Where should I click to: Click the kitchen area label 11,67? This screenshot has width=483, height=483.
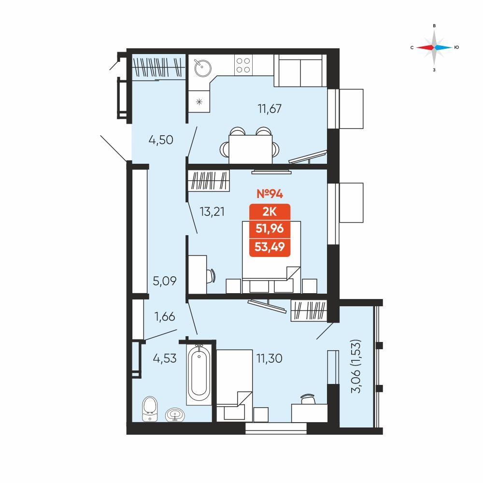[270, 109]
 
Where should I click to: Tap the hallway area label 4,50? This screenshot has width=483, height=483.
[161, 140]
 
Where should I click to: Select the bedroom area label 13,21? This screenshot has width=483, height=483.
[212, 212]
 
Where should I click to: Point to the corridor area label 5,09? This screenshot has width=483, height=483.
[165, 281]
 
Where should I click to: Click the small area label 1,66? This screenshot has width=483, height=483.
[165, 317]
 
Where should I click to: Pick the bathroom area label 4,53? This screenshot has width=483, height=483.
[165, 358]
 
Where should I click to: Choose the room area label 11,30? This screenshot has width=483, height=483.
[269, 358]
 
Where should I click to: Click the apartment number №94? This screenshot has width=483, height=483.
[270, 194]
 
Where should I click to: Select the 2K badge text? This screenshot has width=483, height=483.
[270, 212]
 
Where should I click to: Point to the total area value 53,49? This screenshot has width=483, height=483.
[270, 247]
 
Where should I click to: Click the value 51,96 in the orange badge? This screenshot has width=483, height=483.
[270, 228]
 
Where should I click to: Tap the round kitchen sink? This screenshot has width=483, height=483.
[203, 68]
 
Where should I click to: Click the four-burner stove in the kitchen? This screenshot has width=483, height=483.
[243, 65]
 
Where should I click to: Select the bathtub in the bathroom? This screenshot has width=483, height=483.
[199, 374]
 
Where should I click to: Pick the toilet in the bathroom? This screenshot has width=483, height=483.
[150, 409]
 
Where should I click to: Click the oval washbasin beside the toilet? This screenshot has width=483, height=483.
[175, 415]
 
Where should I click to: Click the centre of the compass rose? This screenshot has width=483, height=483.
[434, 47]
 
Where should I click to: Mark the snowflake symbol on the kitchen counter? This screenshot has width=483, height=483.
[199, 101]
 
